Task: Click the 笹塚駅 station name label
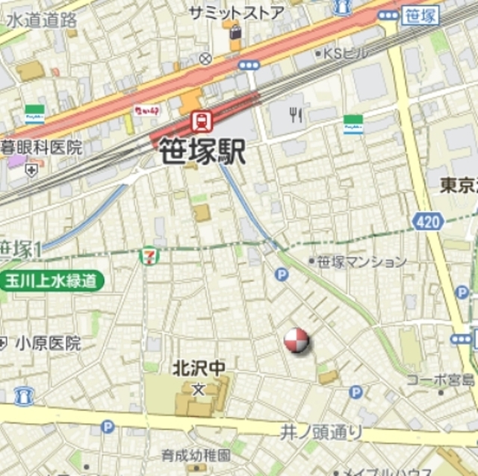click(x=202, y=152)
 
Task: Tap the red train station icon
click(x=201, y=120)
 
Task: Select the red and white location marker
click(x=296, y=340)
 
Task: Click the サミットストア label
click(x=236, y=13)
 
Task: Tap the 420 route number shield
click(x=427, y=221)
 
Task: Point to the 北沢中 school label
click(x=198, y=369)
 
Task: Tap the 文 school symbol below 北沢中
click(x=198, y=389)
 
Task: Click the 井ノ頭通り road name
click(x=321, y=432)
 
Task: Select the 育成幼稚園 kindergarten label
click(x=196, y=454)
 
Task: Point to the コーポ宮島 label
click(x=441, y=380)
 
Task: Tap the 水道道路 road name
click(x=42, y=20)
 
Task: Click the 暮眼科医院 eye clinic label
click(x=41, y=147)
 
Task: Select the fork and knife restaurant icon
click(x=296, y=114)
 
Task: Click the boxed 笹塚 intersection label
click(x=420, y=16)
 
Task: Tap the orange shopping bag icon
click(x=236, y=34)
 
